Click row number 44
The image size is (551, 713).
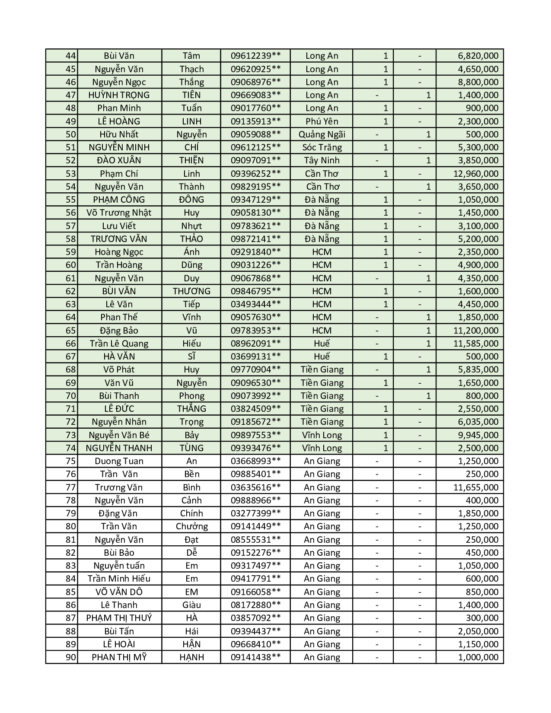point(70,56)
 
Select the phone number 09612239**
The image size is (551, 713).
point(255,56)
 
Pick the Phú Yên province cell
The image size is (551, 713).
point(322,121)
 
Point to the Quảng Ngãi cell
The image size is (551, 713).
point(322,134)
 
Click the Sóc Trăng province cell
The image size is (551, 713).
point(322,147)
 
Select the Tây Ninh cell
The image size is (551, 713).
point(322,160)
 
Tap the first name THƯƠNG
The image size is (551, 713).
point(191,291)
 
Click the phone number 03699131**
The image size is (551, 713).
point(255,356)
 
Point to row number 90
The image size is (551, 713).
point(70,657)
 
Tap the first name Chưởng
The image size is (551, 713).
point(191,526)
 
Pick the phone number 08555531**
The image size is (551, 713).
point(255,540)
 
